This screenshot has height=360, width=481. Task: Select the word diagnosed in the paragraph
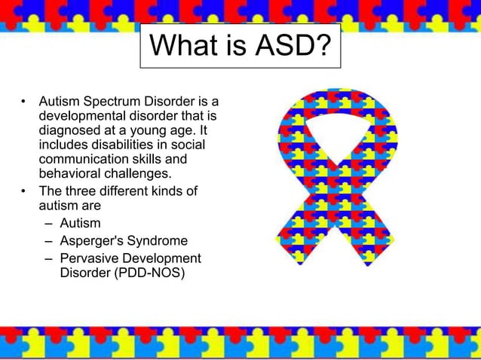point(69,130)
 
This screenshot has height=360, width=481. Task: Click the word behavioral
point(67,175)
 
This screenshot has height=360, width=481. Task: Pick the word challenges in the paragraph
point(134,175)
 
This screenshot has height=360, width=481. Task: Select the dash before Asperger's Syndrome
point(48,242)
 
